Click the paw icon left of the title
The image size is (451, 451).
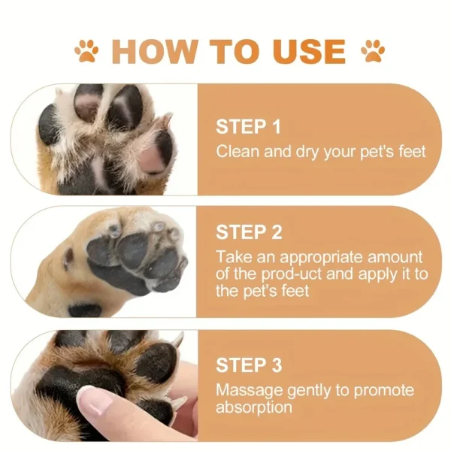[86, 51]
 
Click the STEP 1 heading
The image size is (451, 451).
[249, 126]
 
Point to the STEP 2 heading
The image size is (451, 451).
[249, 232]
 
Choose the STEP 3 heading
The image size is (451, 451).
[249, 365]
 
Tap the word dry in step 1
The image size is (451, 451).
[309, 151]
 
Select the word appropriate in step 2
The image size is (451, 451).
[307, 257]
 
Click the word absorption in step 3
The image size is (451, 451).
[254, 407]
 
